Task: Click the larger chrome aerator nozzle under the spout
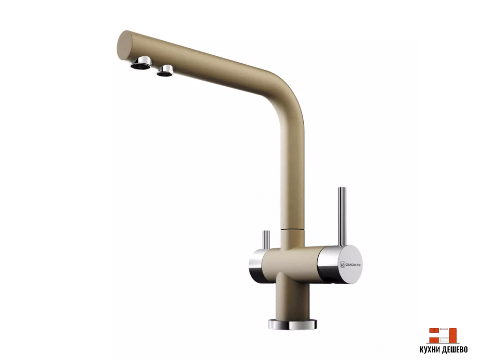pos(141,62)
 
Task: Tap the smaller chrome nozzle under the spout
pos(165,70)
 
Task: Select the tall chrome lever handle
pos(342,216)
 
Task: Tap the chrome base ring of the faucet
pos(292,324)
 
